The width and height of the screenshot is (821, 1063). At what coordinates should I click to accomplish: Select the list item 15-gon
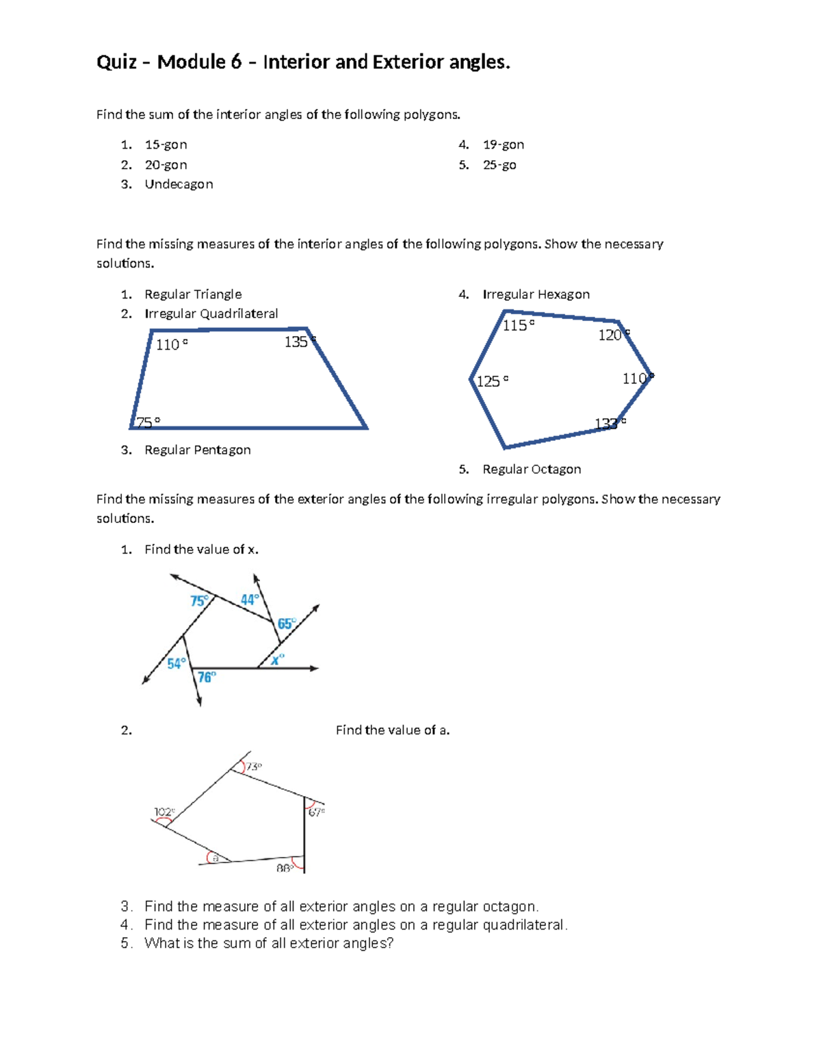click(166, 144)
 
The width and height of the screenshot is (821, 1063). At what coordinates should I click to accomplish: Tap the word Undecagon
click(179, 184)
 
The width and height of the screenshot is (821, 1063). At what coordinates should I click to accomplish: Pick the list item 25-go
click(499, 165)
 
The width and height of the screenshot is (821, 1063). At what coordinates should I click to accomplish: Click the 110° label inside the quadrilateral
click(171, 344)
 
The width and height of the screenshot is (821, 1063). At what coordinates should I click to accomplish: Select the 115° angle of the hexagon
click(518, 325)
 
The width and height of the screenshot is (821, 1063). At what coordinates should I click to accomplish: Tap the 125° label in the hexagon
click(492, 381)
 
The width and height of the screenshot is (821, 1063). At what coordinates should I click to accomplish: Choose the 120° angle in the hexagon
click(613, 335)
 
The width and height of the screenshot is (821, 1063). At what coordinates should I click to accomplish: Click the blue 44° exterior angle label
click(250, 600)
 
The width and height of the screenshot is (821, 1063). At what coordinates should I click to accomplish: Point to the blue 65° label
click(286, 624)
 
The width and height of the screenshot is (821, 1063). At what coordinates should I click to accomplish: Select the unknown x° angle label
click(277, 660)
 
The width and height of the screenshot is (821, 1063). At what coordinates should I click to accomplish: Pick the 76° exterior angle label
click(207, 677)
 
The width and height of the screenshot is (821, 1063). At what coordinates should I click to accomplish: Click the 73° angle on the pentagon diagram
click(254, 767)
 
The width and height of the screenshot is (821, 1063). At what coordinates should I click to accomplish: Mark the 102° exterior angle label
click(164, 812)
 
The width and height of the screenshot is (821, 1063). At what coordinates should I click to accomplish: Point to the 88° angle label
click(285, 868)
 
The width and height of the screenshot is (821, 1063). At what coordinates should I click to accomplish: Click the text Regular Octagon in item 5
click(532, 470)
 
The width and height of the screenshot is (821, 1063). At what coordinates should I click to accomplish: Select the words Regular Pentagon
click(197, 450)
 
